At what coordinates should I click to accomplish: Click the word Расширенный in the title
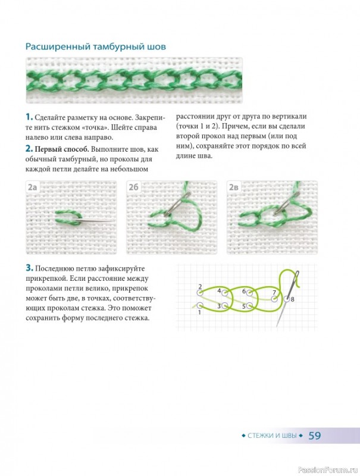click(x=58, y=47)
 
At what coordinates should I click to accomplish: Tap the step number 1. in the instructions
click(x=29, y=117)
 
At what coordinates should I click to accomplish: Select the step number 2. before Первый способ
click(x=29, y=149)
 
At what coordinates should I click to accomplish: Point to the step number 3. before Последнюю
click(x=29, y=268)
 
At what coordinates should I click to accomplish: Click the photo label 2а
click(x=32, y=187)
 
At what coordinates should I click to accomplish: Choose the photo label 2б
click(x=133, y=187)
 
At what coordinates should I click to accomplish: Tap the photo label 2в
click(x=234, y=187)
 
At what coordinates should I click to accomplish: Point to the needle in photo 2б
click(x=176, y=204)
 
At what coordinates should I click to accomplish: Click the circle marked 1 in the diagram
click(x=200, y=305)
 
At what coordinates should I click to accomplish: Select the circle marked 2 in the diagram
click(x=200, y=293)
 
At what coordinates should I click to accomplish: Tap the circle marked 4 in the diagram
click(x=224, y=293)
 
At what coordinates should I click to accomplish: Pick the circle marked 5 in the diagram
click(x=249, y=305)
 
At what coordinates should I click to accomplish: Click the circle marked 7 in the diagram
click(x=274, y=299)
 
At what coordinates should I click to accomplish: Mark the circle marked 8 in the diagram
click(x=287, y=299)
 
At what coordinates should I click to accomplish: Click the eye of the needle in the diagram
click(x=296, y=275)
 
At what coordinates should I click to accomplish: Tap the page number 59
click(x=315, y=436)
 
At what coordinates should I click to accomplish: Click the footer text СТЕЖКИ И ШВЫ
click(x=272, y=436)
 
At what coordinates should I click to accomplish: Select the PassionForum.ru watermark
click(x=328, y=470)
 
